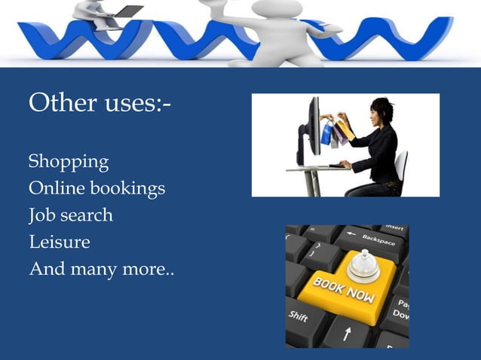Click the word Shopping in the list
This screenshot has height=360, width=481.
(x=69, y=162)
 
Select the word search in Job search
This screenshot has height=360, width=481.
(x=87, y=215)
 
